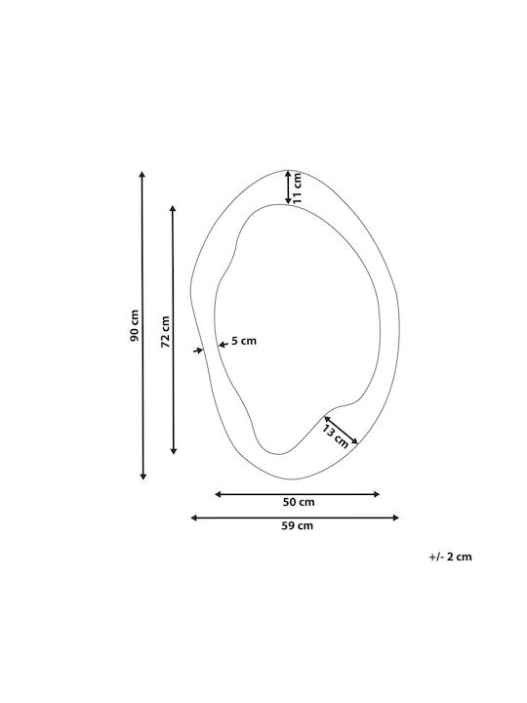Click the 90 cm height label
[x=135, y=325]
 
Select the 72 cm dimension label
[x=165, y=332]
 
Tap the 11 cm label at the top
[x=297, y=188]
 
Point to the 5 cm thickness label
[x=244, y=341]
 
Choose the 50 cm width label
[x=299, y=502]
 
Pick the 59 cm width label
[x=297, y=525]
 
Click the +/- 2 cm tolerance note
[x=450, y=557]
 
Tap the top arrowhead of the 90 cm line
[x=142, y=175]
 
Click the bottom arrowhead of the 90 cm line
[x=142, y=476]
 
